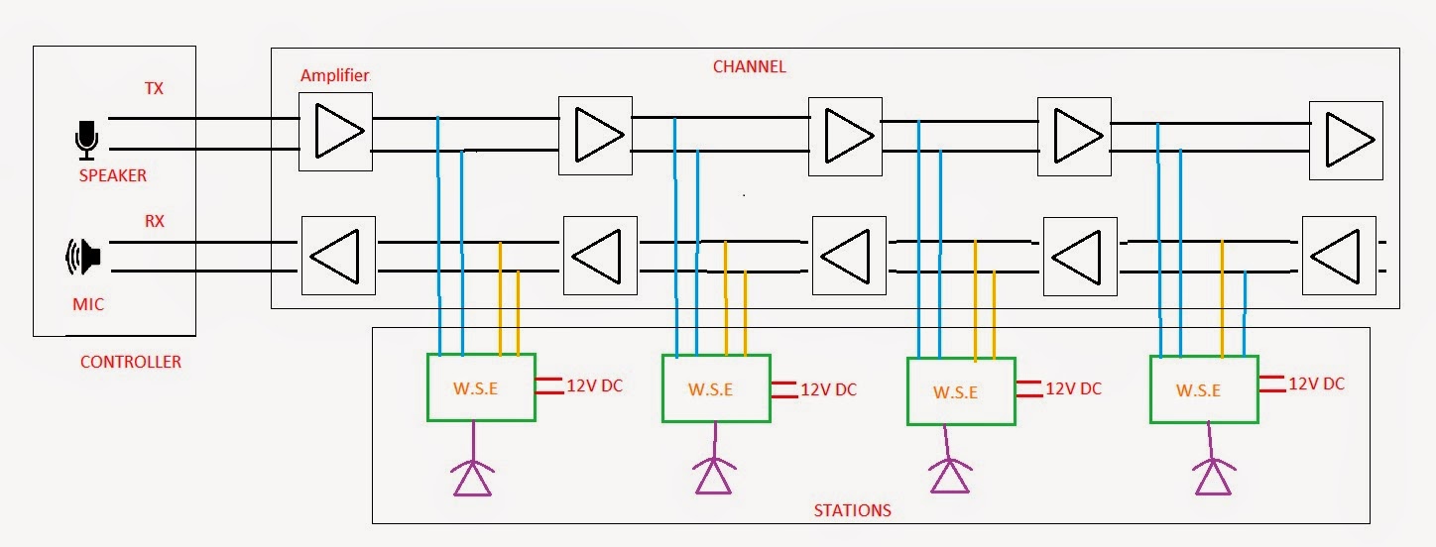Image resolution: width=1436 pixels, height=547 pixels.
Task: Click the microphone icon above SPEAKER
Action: [x=86, y=140]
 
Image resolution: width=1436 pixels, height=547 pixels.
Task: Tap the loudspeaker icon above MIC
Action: [x=84, y=258]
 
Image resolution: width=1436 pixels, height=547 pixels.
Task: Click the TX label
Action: [x=154, y=89]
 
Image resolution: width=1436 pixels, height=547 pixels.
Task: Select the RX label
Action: [x=154, y=222]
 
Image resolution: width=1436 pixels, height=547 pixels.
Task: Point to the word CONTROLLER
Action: [x=131, y=363]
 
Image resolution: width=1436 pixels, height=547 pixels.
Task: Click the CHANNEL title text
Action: [x=749, y=67]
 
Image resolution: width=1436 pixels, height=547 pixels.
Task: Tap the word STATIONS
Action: [x=852, y=511]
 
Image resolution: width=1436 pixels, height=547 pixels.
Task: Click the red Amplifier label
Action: [x=334, y=76]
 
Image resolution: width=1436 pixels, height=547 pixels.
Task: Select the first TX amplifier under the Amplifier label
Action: [x=336, y=131]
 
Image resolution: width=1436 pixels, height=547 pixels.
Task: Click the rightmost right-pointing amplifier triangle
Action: [x=1346, y=140]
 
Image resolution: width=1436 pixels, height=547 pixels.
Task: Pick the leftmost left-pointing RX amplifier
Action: [x=337, y=257]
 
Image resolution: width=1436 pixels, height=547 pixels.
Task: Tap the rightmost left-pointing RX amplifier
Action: [x=1338, y=256]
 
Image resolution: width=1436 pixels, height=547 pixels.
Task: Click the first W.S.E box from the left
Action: [x=481, y=387]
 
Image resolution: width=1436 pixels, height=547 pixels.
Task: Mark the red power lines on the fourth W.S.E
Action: [x=1271, y=384]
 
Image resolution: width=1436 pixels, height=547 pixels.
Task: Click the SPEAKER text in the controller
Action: [x=112, y=175]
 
